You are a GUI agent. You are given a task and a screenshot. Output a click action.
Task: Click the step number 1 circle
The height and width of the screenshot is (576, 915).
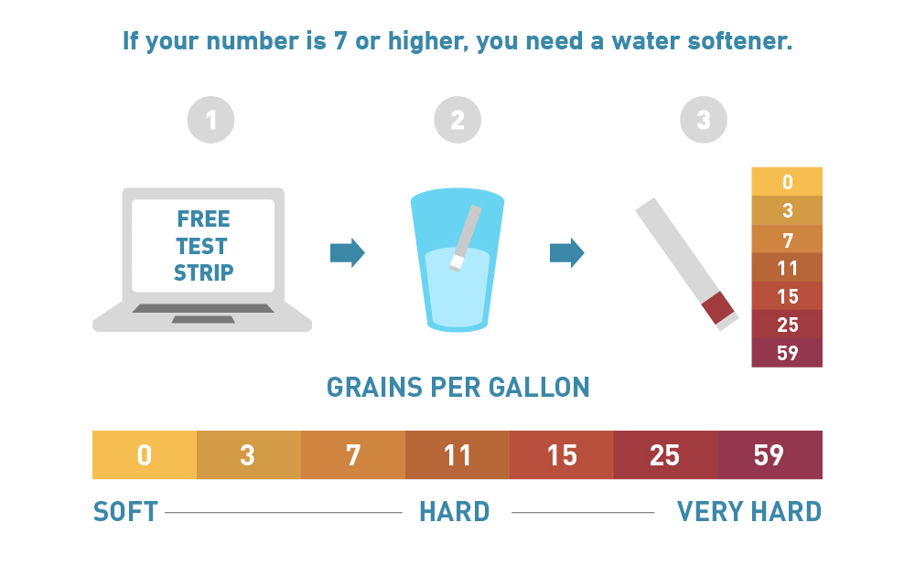(x=210, y=120)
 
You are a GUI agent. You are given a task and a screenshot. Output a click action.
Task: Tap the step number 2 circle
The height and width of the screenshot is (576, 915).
(x=457, y=120)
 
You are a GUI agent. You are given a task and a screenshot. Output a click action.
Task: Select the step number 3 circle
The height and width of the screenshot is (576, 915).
(x=704, y=120)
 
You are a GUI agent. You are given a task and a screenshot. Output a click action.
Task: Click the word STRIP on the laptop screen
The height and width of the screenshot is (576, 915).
(x=204, y=272)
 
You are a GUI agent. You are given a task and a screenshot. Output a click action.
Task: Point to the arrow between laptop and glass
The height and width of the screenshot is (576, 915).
(x=348, y=252)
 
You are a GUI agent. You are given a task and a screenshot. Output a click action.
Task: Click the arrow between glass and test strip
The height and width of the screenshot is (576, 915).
(x=567, y=252)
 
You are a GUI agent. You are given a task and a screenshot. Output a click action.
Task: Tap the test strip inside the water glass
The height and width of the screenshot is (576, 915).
(x=466, y=238)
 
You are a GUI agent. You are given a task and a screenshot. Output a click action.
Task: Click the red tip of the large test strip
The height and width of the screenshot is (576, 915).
(x=717, y=307)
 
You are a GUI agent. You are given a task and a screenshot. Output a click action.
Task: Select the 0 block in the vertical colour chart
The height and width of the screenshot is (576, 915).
(x=787, y=181)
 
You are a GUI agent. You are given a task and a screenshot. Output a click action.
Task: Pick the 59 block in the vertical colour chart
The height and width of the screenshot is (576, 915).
(x=787, y=353)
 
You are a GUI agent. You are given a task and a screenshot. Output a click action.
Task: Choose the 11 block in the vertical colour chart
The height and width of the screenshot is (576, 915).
(x=787, y=267)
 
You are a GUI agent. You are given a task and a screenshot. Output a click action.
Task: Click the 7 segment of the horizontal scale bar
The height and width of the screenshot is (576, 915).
(x=353, y=454)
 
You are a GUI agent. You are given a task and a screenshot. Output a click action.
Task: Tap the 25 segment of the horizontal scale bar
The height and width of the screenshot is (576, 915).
(x=666, y=454)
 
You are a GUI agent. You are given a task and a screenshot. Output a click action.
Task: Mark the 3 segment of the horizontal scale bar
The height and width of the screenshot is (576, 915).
(x=249, y=454)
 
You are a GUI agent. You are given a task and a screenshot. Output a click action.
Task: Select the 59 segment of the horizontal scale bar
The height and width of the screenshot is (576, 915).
(x=770, y=454)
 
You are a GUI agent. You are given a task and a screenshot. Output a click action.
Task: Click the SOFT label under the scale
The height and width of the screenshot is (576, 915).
(x=125, y=512)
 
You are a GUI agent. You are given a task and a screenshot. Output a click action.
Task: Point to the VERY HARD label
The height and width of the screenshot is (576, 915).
(x=749, y=512)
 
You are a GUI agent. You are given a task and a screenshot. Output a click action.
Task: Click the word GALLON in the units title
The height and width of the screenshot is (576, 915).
(x=539, y=387)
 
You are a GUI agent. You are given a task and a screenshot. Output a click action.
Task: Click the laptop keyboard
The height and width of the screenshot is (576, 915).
(x=203, y=308)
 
